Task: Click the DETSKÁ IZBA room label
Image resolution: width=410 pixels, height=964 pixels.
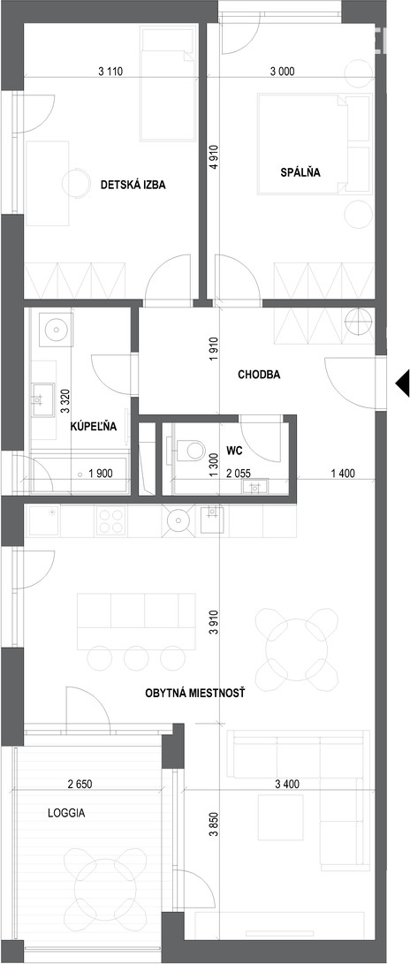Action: point(133,185)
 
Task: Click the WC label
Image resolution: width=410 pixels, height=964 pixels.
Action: point(234,451)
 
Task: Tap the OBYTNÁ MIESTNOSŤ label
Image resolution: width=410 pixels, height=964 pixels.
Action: point(195,693)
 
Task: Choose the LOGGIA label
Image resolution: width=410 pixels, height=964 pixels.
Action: point(66,813)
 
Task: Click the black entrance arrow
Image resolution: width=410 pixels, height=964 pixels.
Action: point(402,383)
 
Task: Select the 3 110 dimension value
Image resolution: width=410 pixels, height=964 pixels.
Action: point(110,72)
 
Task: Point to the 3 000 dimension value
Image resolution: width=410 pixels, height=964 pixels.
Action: point(282,72)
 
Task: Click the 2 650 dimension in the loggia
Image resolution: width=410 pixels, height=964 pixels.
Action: point(80,784)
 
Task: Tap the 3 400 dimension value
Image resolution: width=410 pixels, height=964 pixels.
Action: point(286,784)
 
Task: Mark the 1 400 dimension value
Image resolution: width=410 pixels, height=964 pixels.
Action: point(343,474)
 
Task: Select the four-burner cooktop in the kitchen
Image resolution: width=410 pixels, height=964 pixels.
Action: point(111,520)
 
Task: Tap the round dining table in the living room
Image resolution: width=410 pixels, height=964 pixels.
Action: point(296,649)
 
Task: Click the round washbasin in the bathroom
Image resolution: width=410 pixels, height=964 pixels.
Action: point(56,330)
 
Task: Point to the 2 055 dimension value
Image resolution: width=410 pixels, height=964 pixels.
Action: point(239,474)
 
